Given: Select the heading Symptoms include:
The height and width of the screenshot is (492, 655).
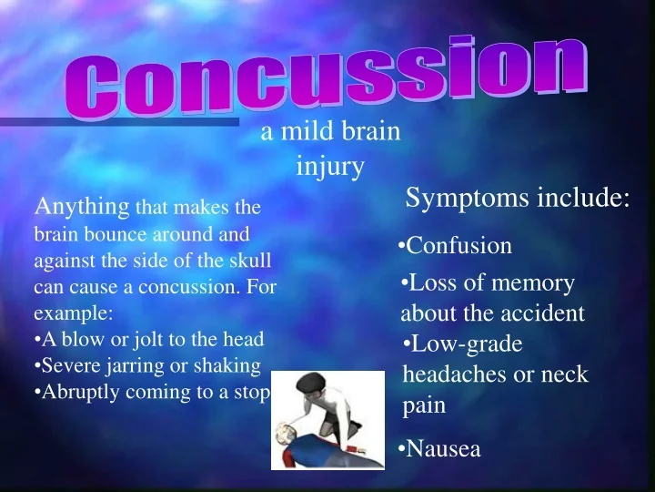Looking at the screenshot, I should click(x=518, y=198).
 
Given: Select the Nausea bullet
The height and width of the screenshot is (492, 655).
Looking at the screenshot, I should click(x=440, y=448).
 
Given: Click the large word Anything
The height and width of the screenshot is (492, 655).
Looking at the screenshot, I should click(x=82, y=207).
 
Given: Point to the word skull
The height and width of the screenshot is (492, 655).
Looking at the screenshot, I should click(x=248, y=260).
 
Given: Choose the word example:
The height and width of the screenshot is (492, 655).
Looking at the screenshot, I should click(x=74, y=313).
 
